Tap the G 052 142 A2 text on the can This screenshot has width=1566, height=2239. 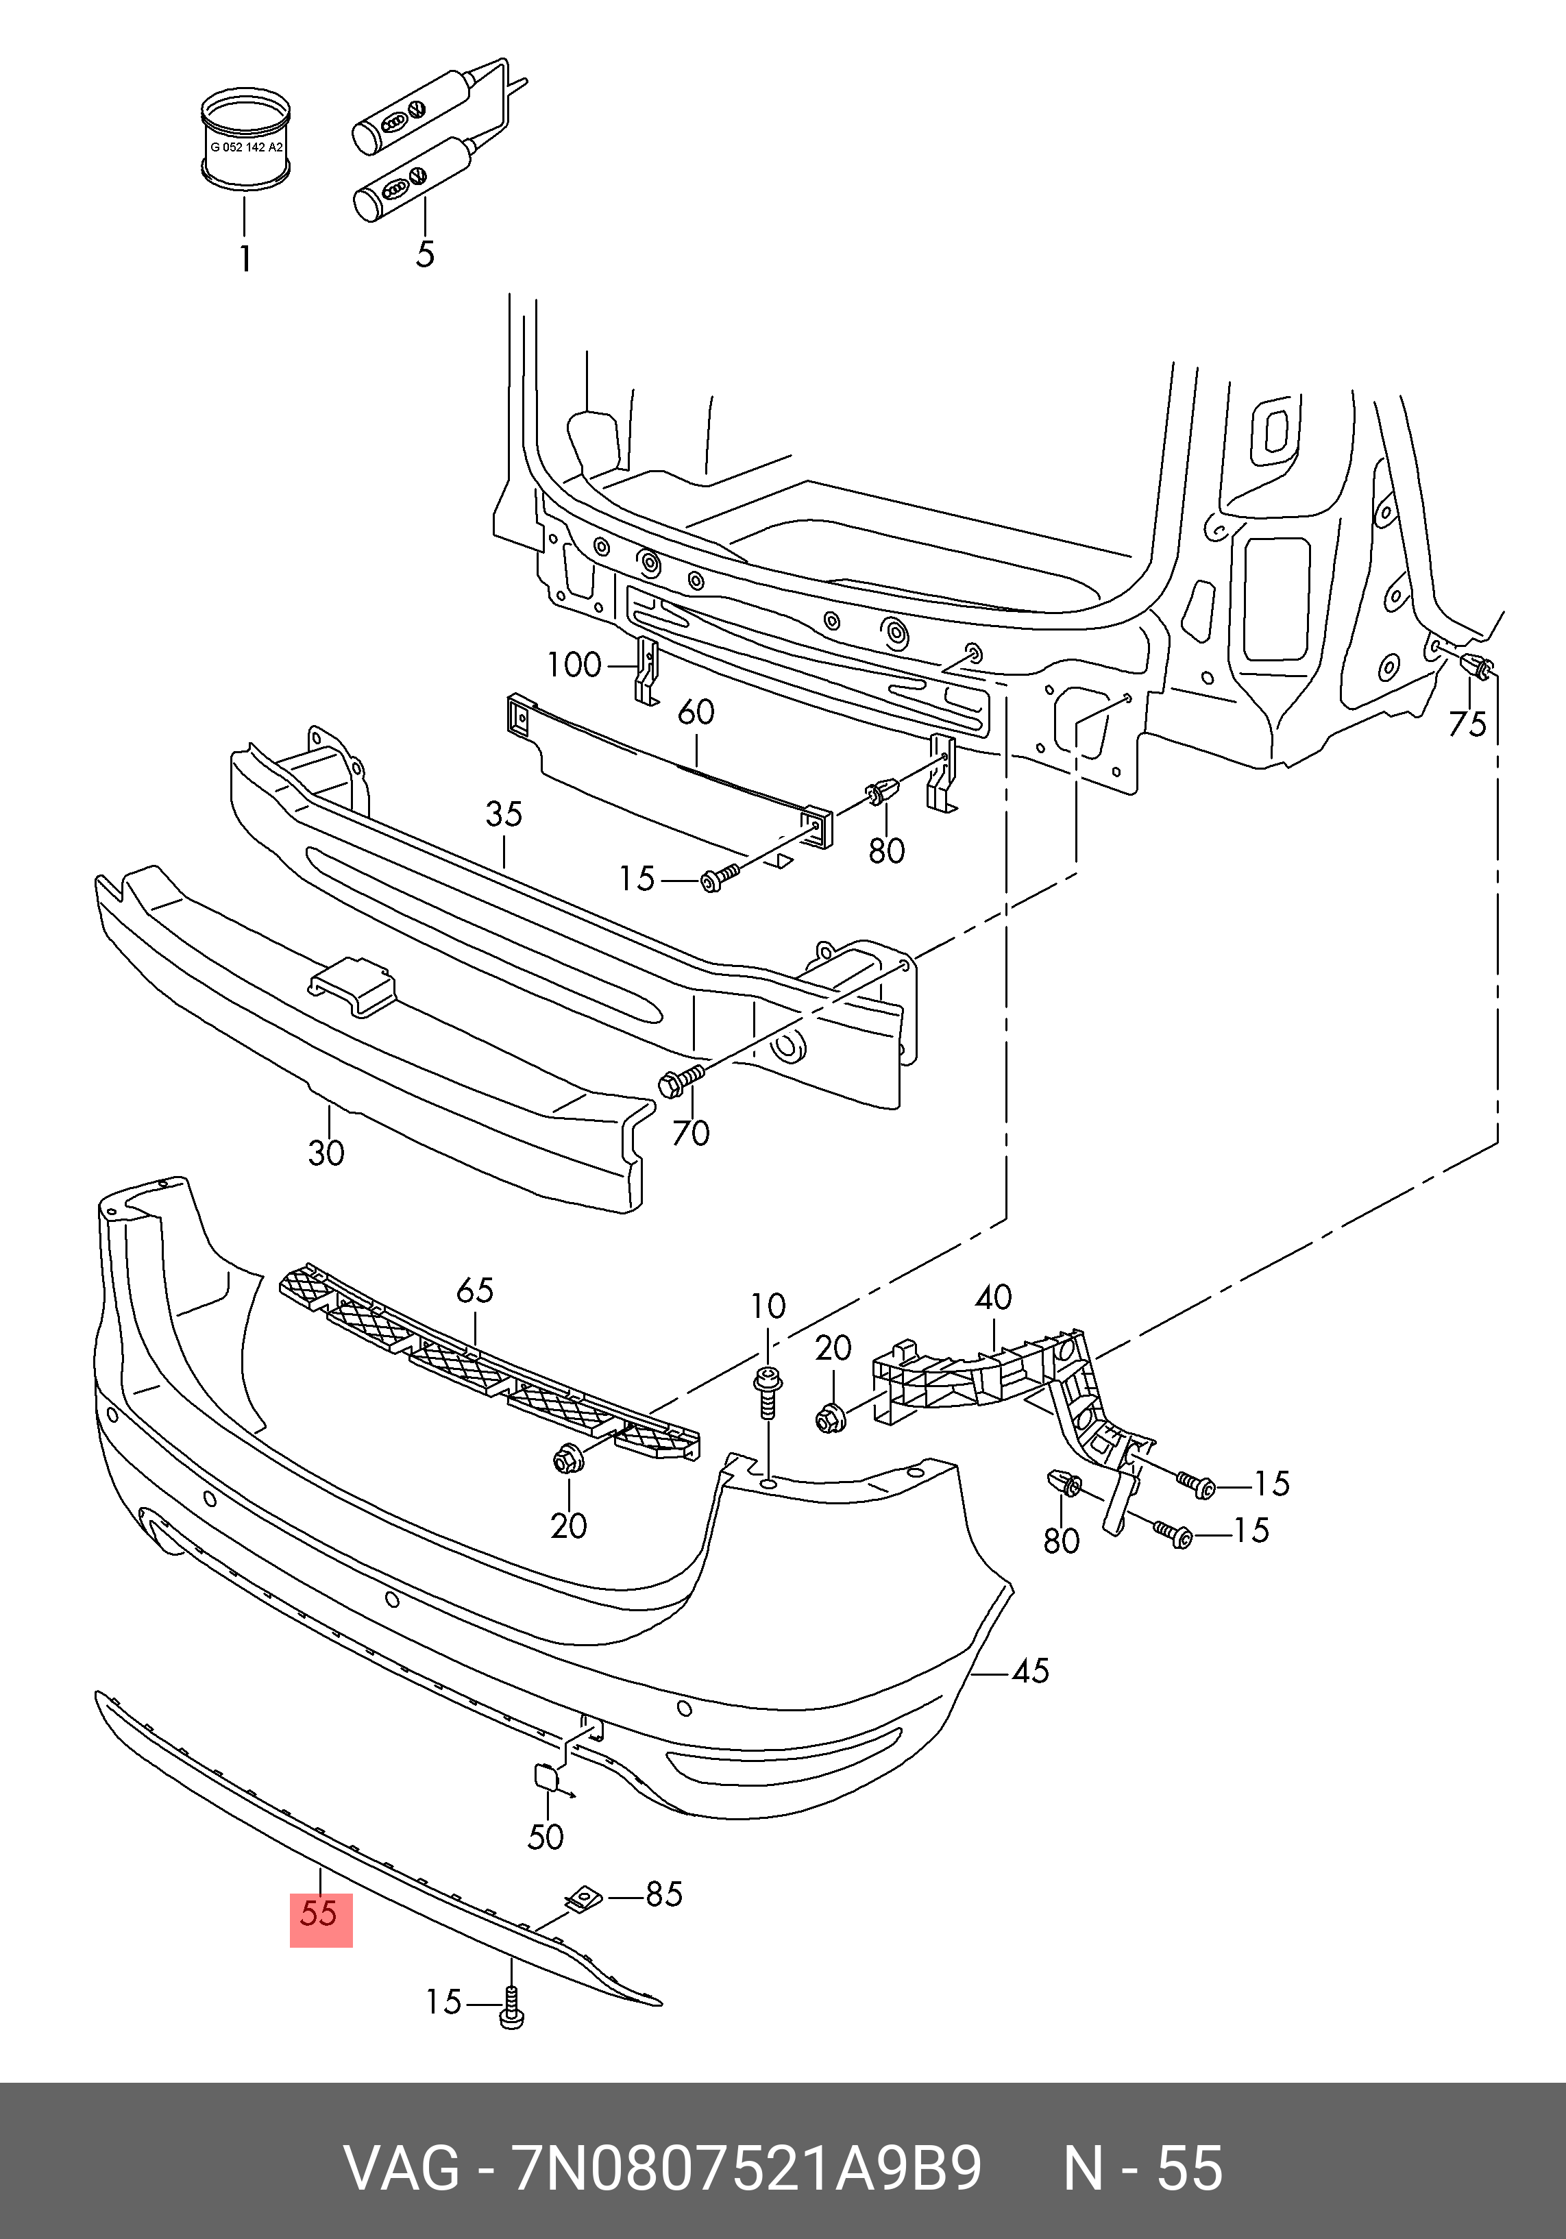247,147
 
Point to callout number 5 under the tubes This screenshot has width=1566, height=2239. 424,254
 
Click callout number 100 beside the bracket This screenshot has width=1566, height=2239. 574,665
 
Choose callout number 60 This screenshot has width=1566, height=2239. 696,712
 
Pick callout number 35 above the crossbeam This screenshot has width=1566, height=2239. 504,814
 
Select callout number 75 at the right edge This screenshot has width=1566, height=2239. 1467,724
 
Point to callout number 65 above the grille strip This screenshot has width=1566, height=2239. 475,1290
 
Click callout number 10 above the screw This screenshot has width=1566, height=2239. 768,1306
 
